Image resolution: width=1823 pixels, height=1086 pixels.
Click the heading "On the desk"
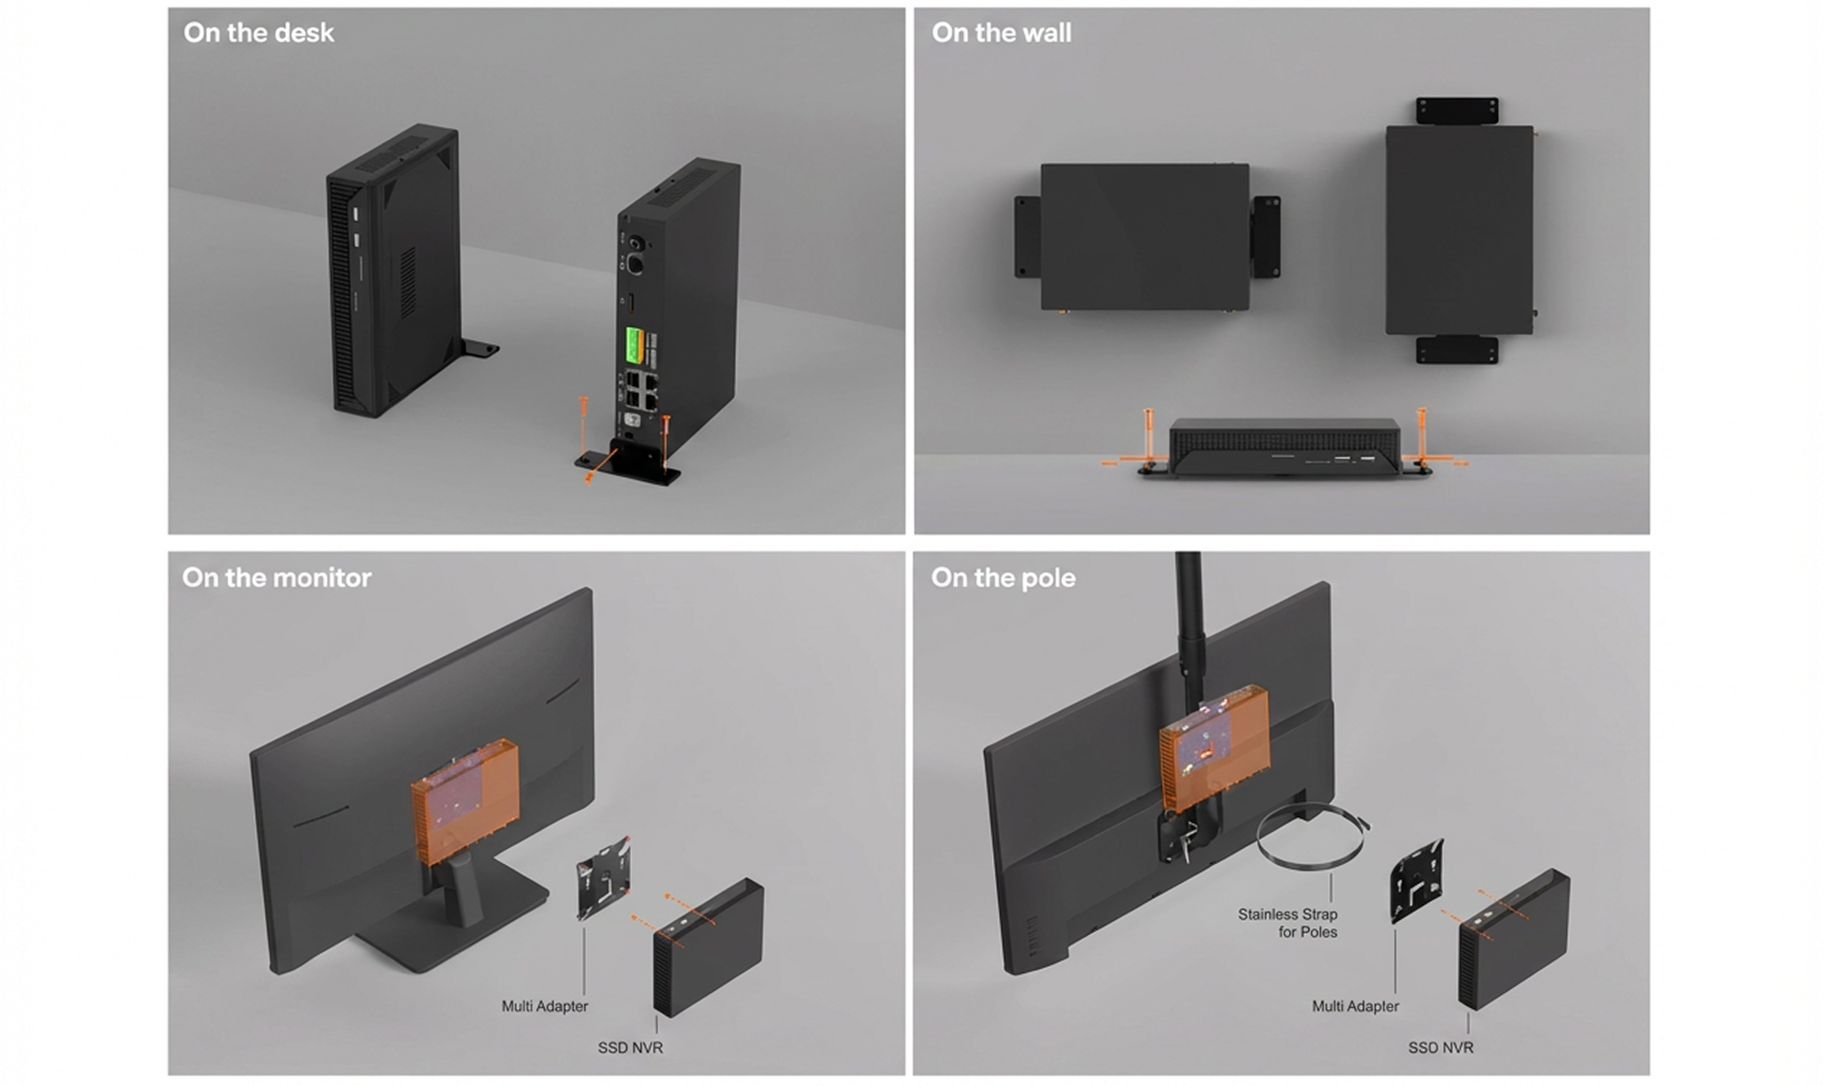pyautogui.click(x=258, y=33)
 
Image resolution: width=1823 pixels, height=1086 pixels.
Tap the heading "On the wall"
pyautogui.click(x=1001, y=33)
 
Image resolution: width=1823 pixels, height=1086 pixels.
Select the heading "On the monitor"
pyautogui.click(x=276, y=577)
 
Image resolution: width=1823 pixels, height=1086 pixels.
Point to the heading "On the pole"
pyautogui.click(x=1003, y=577)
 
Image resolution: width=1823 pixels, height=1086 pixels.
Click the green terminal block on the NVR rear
pyautogui.click(x=632, y=347)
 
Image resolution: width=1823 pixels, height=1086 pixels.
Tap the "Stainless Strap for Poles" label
pyautogui.click(x=1287, y=923)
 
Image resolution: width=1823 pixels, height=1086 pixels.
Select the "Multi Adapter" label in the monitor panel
pyautogui.click(x=545, y=1006)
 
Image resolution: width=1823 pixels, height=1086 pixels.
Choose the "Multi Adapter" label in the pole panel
pyautogui.click(x=1355, y=1006)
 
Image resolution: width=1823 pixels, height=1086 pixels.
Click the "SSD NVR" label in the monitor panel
pyautogui.click(x=630, y=1048)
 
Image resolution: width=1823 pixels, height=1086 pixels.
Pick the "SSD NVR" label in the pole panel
pyautogui.click(x=1441, y=1048)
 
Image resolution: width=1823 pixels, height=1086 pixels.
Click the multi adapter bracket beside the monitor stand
pyautogui.click(x=603, y=876)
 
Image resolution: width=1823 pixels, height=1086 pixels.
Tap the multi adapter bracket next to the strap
pyautogui.click(x=1417, y=881)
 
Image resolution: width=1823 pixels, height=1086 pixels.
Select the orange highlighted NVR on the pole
pyautogui.click(x=1215, y=748)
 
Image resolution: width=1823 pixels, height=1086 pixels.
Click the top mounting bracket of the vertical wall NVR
pyautogui.click(x=1457, y=112)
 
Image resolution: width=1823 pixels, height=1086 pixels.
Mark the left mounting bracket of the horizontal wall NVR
pyautogui.click(x=1027, y=236)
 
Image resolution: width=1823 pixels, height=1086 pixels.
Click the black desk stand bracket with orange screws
pyautogui.click(x=628, y=461)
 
